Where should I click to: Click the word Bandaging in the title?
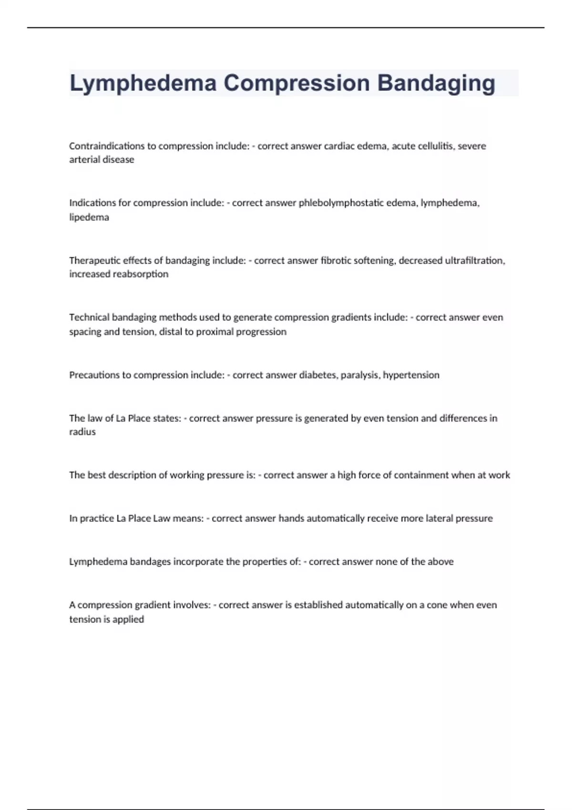[x=436, y=83]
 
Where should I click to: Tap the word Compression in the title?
[x=296, y=83]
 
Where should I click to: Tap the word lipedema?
[x=89, y=217]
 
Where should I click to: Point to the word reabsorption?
[x=143, y=274]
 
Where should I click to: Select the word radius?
[x=82, y=432]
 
